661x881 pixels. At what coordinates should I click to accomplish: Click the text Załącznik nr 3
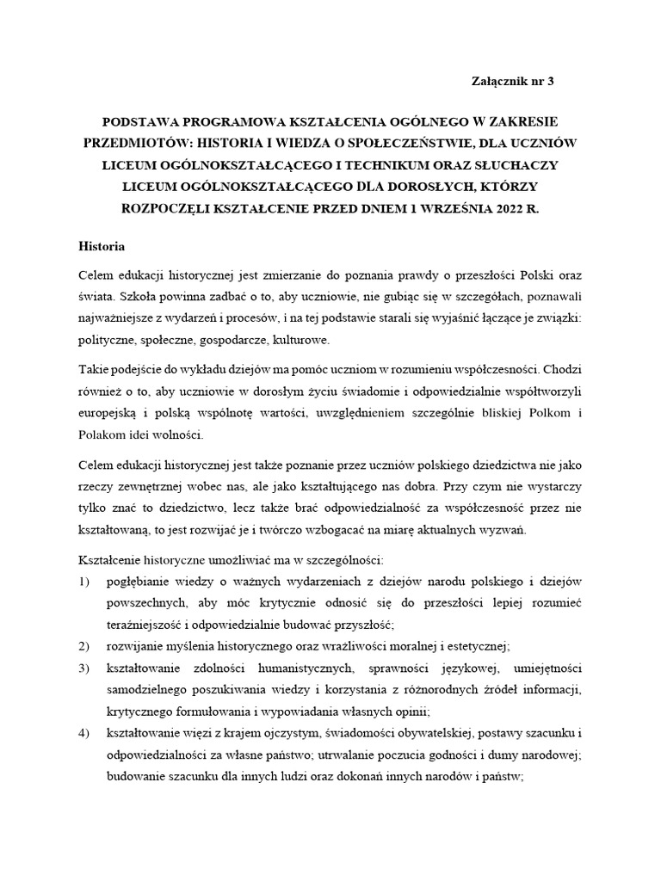point(514,82)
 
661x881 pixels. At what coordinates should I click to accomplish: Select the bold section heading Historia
point(102,247)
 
